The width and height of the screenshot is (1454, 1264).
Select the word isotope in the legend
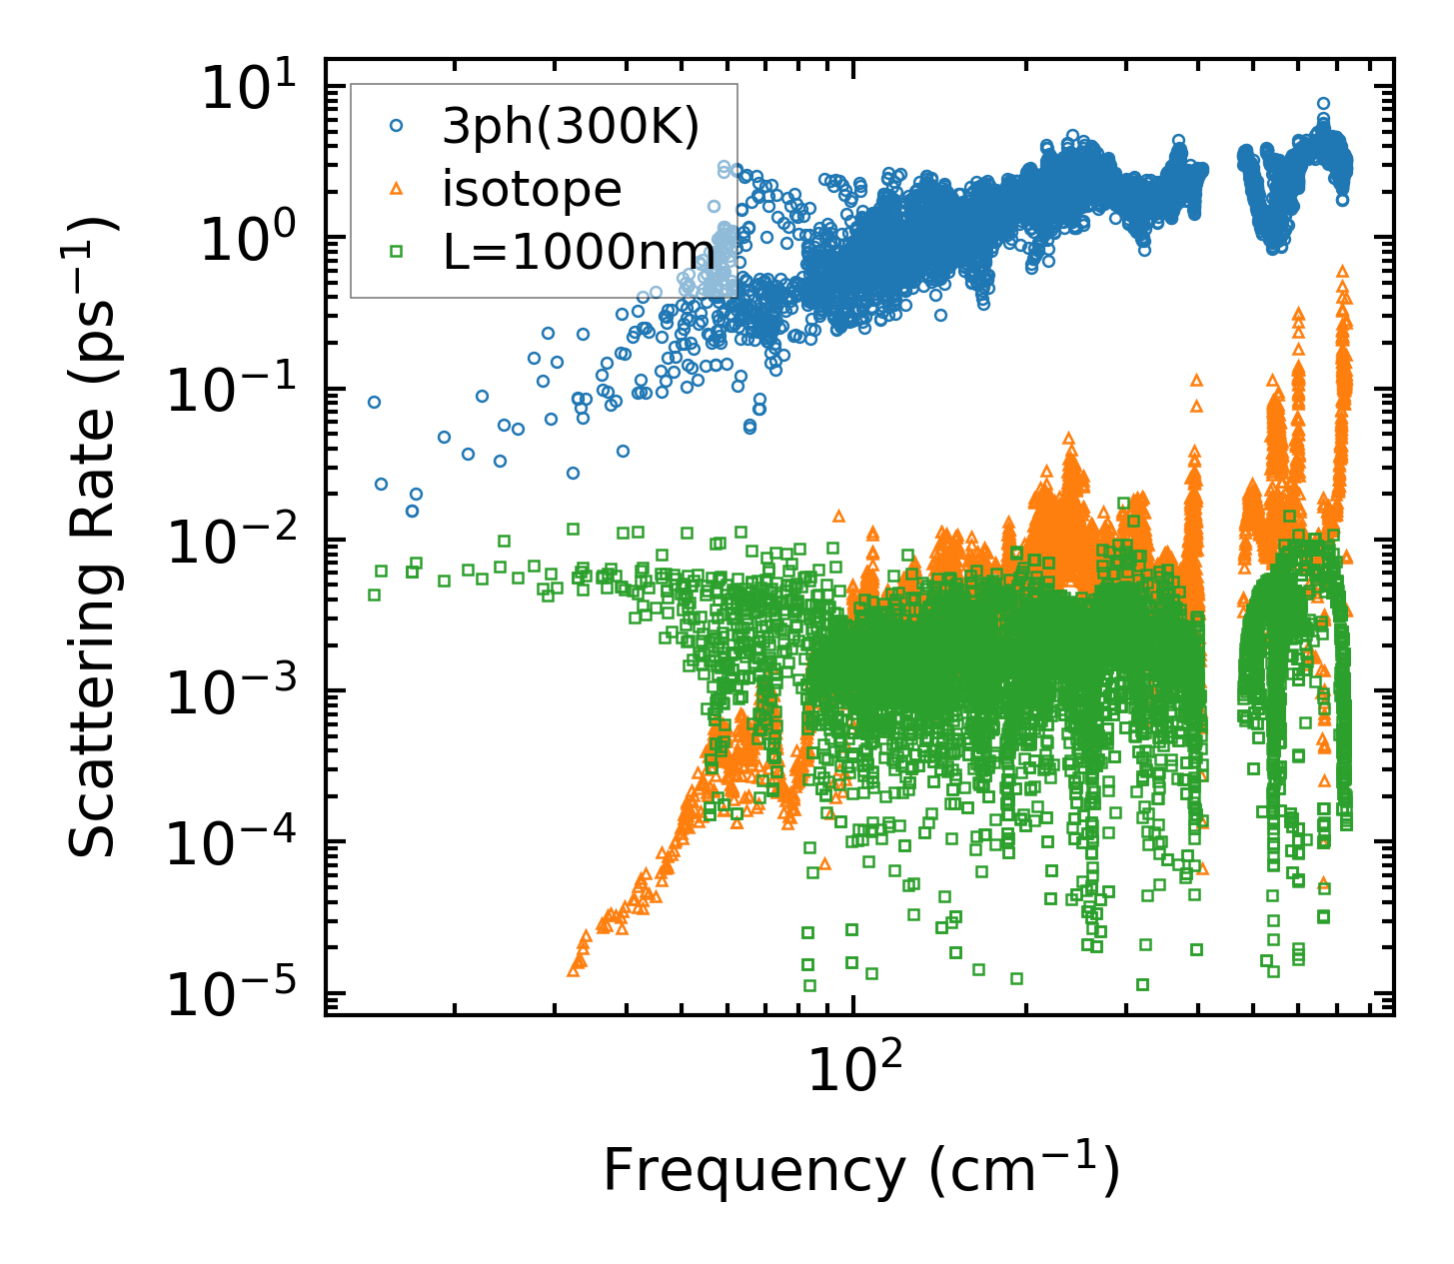[x=532, y=189]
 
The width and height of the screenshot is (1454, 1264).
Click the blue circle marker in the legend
[x=397, y=126]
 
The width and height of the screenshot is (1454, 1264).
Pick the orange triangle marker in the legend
[x=397, y=188]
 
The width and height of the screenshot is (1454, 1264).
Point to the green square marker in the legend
[x=397, y=251]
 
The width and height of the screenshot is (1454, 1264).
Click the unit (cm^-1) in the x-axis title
[x=1024, y=1169]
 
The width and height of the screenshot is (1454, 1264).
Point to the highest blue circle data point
[x=1323, y=103]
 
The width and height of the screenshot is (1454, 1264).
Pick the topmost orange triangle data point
[x=1342, y=270]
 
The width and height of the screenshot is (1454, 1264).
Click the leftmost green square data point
[x=374, y=595]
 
